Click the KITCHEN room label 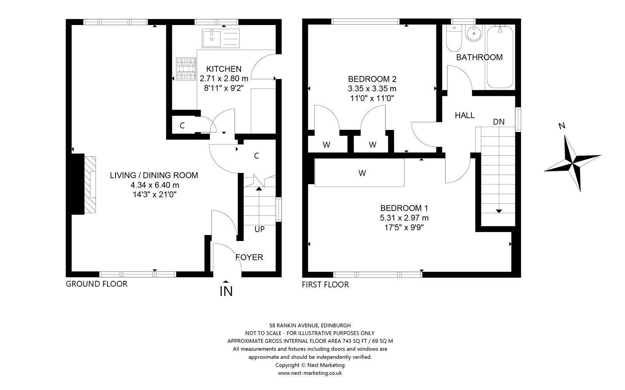click(x=224, y=69)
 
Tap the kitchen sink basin click(x=211, y=39)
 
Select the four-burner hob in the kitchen click(x=186, y=69)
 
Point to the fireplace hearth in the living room click(x=90, y=185)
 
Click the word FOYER click(x=249, y=257)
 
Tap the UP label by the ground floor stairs click(x=259, y=229)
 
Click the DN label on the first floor click(x=499, y=122)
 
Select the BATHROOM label click(x=479, y=57)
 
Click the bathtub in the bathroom click(x=500, y=57)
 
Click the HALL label click(x=464, y=115)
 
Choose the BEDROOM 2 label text click(x=372, y=79)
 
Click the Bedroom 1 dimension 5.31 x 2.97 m click(x=404, y=218)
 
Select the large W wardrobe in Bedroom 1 click(x=360, y=173)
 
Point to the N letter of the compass click(x=562, y=126)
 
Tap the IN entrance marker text click(x=226, y=291)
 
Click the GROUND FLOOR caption click(x=96, y=284)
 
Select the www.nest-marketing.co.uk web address click(x=310, y=373)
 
